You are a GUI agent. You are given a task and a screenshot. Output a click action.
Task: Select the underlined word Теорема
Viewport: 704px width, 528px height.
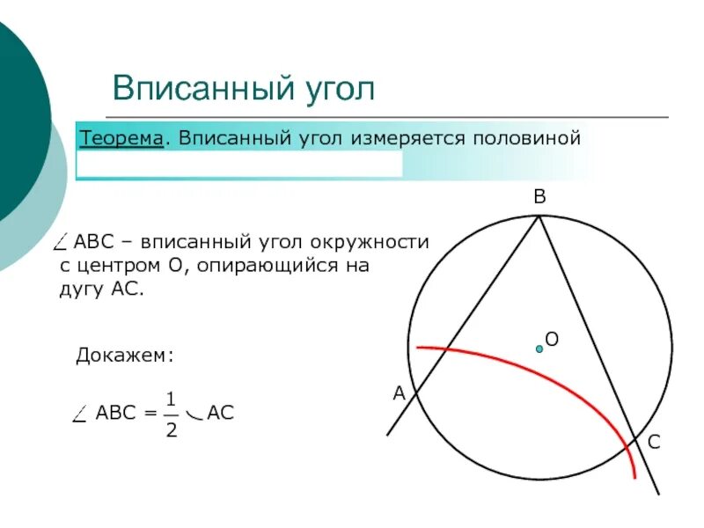coord(122,138)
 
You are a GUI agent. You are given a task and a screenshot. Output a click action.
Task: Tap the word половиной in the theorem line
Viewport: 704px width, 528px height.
coord(527,138)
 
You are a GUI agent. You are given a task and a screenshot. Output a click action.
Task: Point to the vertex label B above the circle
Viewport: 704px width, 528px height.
coord(539,200)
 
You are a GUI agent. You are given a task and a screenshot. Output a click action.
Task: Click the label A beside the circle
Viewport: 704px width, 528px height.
coord(399,394)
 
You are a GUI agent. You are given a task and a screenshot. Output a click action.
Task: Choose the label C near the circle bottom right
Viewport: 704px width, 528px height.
coord(654,444)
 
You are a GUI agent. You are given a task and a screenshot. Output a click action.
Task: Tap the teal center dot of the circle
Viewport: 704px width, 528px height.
coord(539,348)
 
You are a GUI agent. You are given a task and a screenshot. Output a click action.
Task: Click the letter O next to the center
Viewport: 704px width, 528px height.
coord(553,339)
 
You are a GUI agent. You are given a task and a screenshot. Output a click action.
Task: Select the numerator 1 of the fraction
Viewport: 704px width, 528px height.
coord(172,399)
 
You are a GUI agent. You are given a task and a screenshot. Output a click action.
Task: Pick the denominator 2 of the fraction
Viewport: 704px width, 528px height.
coord(172,430)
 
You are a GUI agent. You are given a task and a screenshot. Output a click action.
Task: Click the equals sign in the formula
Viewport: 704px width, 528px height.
coord(149,413)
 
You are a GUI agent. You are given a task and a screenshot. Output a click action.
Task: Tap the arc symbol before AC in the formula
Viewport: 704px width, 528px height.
coord(194,415)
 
